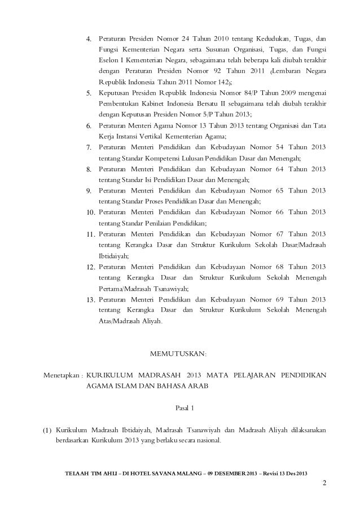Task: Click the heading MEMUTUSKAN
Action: point(179,354)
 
